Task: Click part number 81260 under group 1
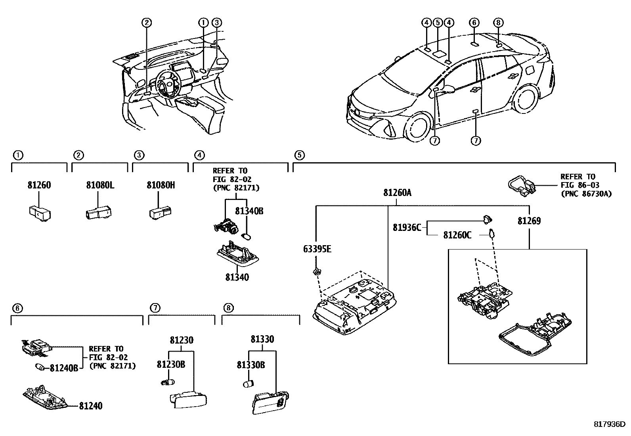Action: [x=39, y=185]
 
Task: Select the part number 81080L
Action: [x=100, y=185]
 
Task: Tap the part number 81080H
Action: [x=161, y=185]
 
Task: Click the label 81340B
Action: [x=249, y=211]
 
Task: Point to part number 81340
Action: [x=237, y=277]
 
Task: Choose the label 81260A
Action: [x=397, y=193]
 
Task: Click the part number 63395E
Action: [x=317, y=249]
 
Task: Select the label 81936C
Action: [x=407, y=227]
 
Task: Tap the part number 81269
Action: [x=529, y=221]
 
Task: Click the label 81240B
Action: [x=64, y=368]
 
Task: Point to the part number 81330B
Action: [x=250, y=365]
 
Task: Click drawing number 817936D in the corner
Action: [x=609, y=424]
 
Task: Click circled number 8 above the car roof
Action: [x=498, y=23]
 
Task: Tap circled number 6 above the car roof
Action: [x=474, y=23]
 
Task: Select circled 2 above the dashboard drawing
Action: [x=147, y=23]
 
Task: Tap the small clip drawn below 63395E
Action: [x=317, y=272]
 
